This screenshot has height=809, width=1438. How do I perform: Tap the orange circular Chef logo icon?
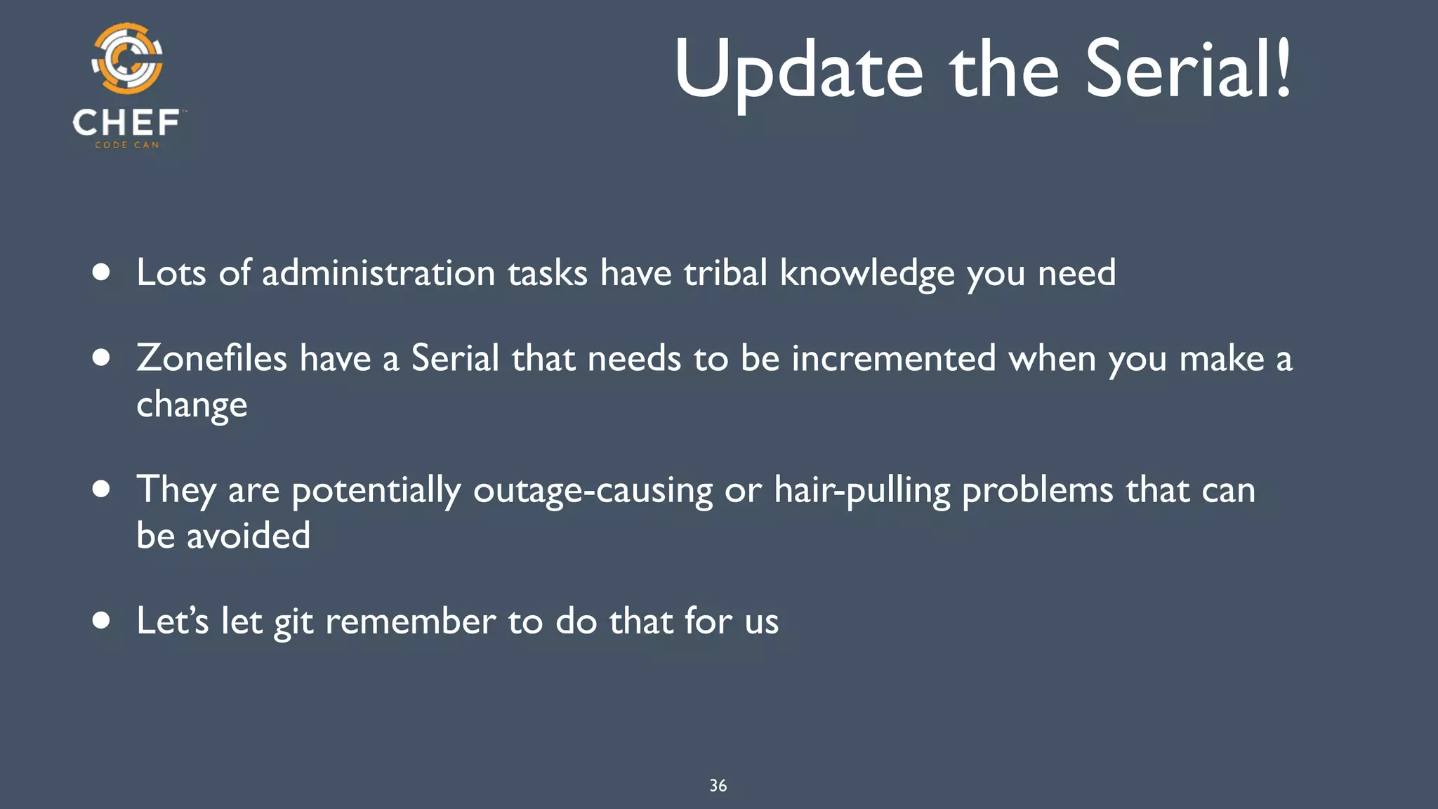coord(127,58)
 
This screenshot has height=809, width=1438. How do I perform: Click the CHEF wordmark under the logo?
coord(126,123)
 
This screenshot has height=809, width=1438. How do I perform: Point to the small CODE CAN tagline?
coord(127,145)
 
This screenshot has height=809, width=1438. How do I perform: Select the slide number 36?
coord(718,786)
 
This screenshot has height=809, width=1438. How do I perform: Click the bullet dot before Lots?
coord(102,272)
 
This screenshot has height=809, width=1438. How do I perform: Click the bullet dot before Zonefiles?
coord(102,358)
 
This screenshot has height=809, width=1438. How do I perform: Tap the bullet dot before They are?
coord(102,489)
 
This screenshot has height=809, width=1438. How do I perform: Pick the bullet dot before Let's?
coord(102,621)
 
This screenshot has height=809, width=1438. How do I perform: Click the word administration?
coord(378,272)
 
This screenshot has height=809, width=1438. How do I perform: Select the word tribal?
coord(725,272)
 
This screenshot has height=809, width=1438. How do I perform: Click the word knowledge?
coord(867,274)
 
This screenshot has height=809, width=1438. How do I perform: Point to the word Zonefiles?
coord(211,358)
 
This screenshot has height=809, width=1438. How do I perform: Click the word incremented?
coord(894,358)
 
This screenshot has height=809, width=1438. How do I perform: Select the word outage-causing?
coord(593,490)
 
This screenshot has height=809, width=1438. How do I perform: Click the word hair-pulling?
coord(862,490)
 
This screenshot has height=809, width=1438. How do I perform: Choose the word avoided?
coord(248,536)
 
